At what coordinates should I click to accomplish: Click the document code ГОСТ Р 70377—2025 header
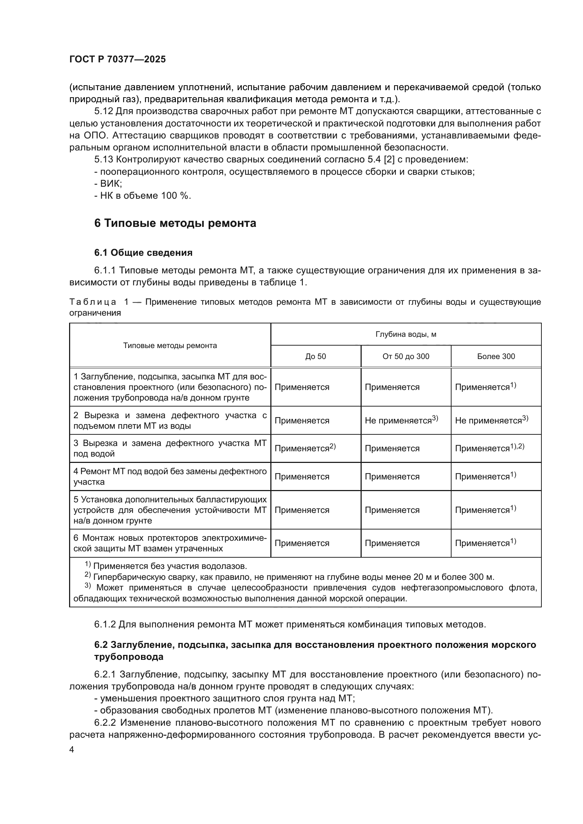tap(117, 59)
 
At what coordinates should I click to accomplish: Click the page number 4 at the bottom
tap(72, 750)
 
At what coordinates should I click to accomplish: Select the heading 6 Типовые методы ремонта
tap(175, 223)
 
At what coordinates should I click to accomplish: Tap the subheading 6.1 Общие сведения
tap(143, 253)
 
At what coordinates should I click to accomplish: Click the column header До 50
tap(315, 357)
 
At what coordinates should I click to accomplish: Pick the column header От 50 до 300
tap(406, 357)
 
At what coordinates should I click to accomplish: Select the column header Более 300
tap(496, 357)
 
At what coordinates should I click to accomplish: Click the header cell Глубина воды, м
tap(406, 334)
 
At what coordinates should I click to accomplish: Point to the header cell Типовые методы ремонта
tap(170, 346)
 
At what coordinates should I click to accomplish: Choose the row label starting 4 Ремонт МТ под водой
tap(170, 477)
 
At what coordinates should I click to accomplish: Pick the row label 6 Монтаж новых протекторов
tap(170, 543)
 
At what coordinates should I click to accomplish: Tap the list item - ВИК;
tap(108, 184)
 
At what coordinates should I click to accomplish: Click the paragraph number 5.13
tap(104, 159)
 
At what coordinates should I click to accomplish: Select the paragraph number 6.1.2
tap(105, 625)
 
